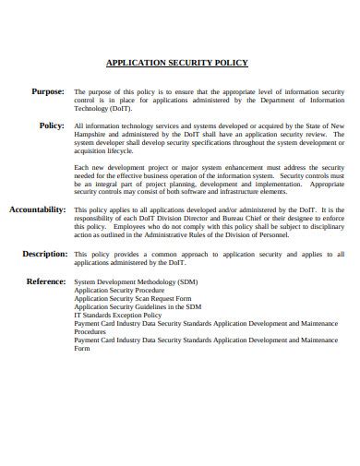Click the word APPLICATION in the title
[x=136, y=64]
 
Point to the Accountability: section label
[x=37, y=209]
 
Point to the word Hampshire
[x=90, y=134]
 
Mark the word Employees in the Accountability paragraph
[x=130, y=227]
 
